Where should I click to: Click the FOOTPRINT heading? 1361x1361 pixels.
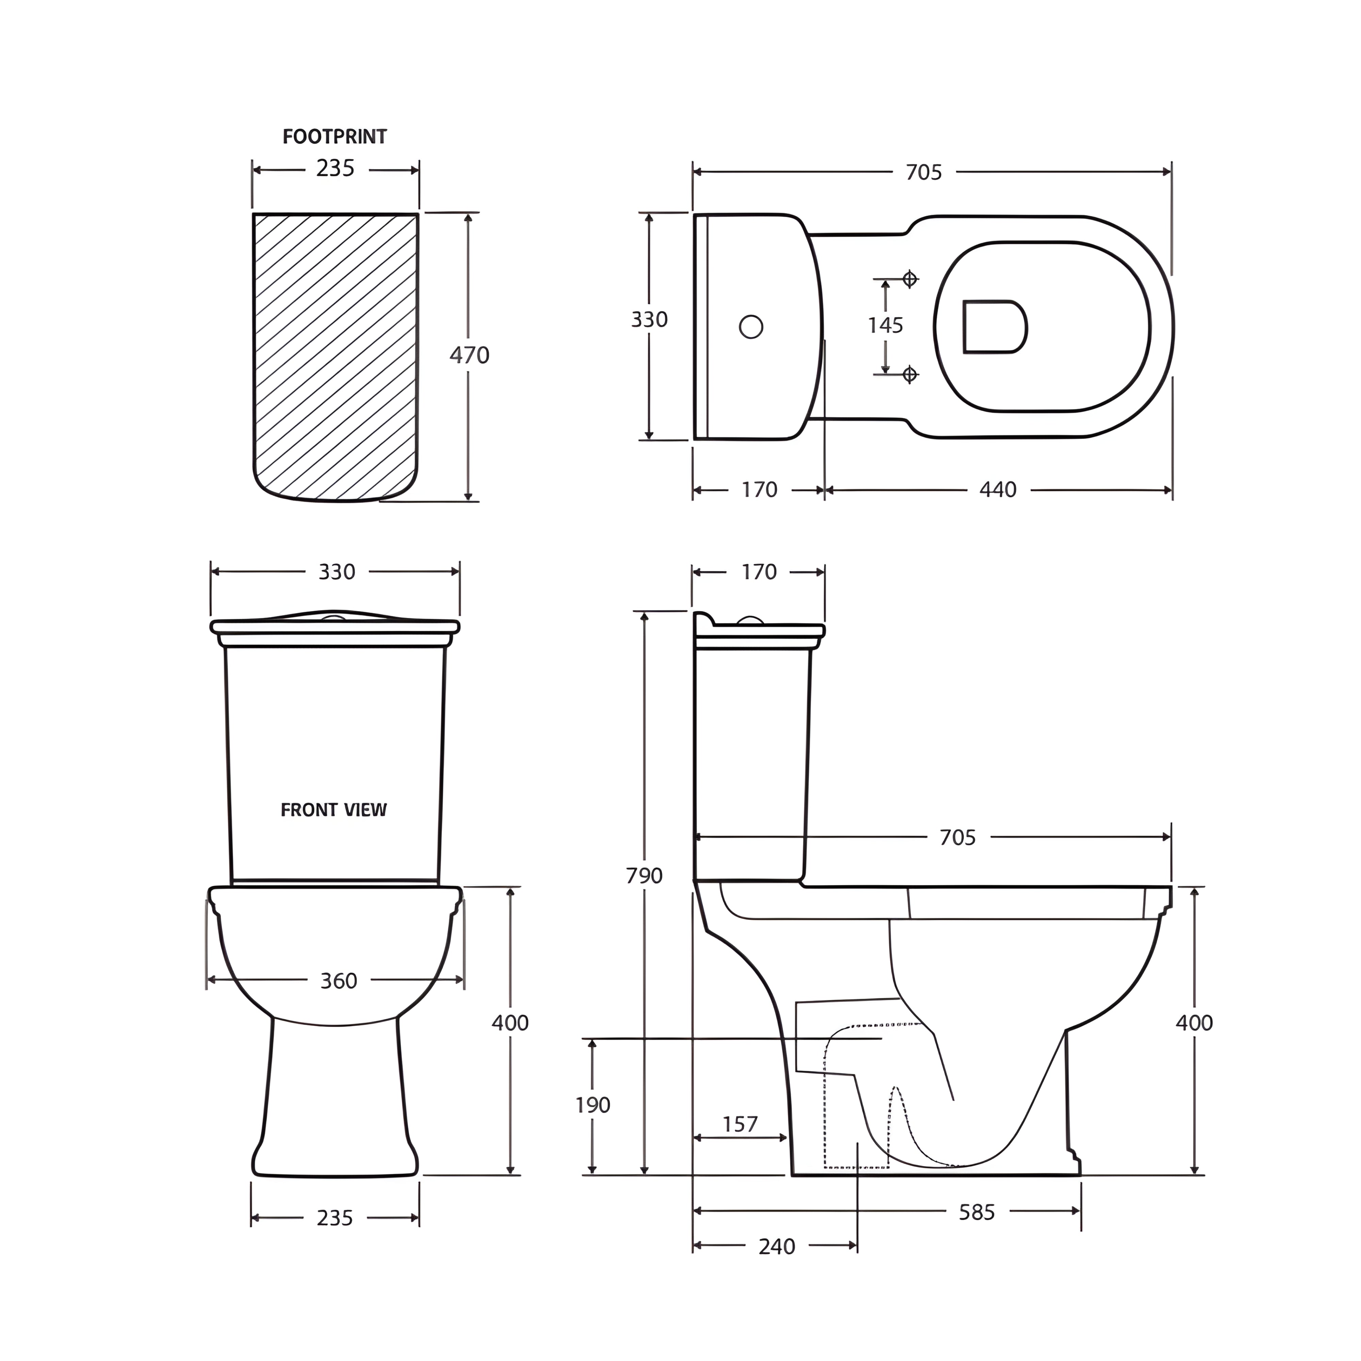(x=334, y=137)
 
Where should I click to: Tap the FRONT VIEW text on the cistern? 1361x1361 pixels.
(x=334, y=810)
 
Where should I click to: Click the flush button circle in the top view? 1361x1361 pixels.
(x=751, y=327)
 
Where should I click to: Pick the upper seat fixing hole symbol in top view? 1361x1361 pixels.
(x=909, y=279)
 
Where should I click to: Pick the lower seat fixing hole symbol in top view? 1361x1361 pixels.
(x=909, y=374)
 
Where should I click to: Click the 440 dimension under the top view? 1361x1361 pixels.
(x=998, y=490)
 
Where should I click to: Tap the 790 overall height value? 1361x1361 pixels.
(x=644, y=875)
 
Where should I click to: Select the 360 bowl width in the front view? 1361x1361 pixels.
(x=339, y=981)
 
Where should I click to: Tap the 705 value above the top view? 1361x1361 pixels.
(x=923, y=173)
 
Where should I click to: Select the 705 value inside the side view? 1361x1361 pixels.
(x=957, y=838)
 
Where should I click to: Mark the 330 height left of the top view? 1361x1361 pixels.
(x=649, y=320)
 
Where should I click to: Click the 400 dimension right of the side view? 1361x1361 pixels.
(x=1194, y=1023)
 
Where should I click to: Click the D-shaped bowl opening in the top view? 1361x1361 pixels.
(x=993, y=327)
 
